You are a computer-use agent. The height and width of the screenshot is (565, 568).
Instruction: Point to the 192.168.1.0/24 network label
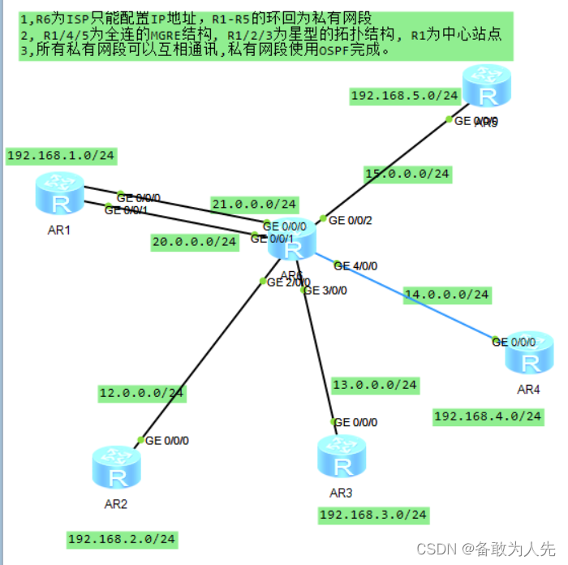click(61, 155)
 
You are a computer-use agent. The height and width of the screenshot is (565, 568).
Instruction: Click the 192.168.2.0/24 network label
click(122, 539)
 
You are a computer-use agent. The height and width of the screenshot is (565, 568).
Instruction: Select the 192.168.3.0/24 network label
click(373, 515)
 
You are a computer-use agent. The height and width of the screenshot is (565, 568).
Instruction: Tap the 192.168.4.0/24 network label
click(488, 416)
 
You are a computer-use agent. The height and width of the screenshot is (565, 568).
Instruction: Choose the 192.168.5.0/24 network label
click(405, 96)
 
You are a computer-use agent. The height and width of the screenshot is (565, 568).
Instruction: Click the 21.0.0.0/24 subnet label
click(255, 204)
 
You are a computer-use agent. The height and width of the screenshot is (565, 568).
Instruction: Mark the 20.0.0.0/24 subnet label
click(194, 242)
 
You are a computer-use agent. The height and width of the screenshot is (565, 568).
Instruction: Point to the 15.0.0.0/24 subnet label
click(407, 174)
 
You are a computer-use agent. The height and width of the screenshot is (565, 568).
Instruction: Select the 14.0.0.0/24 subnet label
click(447, 295)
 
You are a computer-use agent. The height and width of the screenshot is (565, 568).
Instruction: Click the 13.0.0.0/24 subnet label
click(375, 385)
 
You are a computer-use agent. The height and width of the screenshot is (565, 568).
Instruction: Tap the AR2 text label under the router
click(116, 503)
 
